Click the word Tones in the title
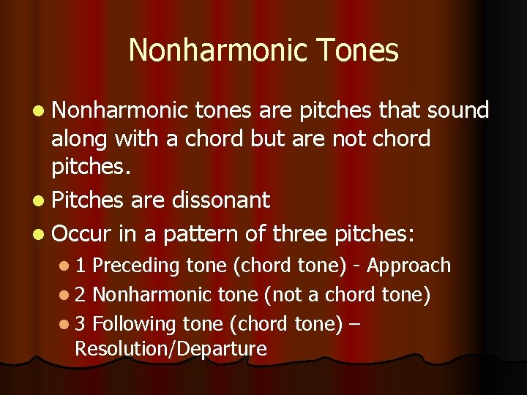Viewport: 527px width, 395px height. tap(359, 51)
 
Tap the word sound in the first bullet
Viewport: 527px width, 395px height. tap(458, 110)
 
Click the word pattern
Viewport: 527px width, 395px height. tap(201, 234)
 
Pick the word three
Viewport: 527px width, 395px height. tap(301, 234)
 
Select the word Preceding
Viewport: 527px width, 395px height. tap(137, 266)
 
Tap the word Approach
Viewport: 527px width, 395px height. tap(408, 266)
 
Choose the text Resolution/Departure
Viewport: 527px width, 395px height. tap(171, 349)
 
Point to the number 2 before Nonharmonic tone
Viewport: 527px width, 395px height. tap(80, 295)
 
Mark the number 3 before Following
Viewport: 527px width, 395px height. tap(80, 324)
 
